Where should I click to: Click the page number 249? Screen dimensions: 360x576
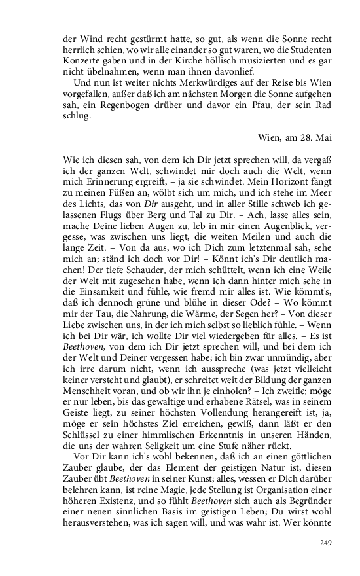[x=327, y=542]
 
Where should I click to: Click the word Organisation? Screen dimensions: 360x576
[x=278, y=492]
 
